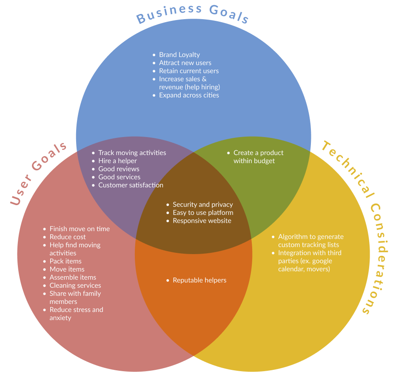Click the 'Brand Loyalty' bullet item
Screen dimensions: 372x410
179,54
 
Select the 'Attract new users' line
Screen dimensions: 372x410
185,63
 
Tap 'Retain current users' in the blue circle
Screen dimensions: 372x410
189,71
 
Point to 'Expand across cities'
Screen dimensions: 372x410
189,95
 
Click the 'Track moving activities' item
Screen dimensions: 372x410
132,152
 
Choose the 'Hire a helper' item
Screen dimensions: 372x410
117,160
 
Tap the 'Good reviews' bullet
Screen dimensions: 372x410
119,169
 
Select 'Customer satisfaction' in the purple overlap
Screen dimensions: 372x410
131,185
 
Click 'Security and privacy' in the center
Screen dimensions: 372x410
202,204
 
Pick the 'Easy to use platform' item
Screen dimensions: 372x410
203,212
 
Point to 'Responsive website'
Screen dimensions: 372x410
202,220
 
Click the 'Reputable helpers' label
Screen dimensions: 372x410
199,280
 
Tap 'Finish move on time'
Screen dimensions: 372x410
80,229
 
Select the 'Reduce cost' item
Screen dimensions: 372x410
68,237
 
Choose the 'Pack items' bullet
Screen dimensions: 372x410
65,261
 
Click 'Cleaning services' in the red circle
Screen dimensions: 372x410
75,285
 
